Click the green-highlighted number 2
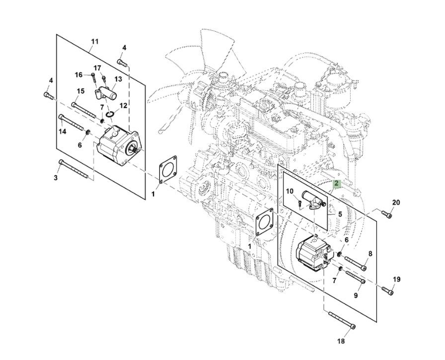(x=336, y=184)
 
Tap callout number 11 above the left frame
(x=95, y=42)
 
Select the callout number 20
(x=396, y=203)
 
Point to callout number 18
(x=341, y=341)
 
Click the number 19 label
(x=396, y=280)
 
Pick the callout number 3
(x=56, y=177)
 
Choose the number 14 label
(x=63, y=132)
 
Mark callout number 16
(x=79, y=75)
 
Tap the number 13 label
(x=118, y=79)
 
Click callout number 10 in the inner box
(x=290, y=191)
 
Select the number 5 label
(x=340, y=215)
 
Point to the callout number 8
(x=370, y=254)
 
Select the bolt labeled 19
(x=387, y=290)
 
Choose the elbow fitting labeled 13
(x=105, y=92)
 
